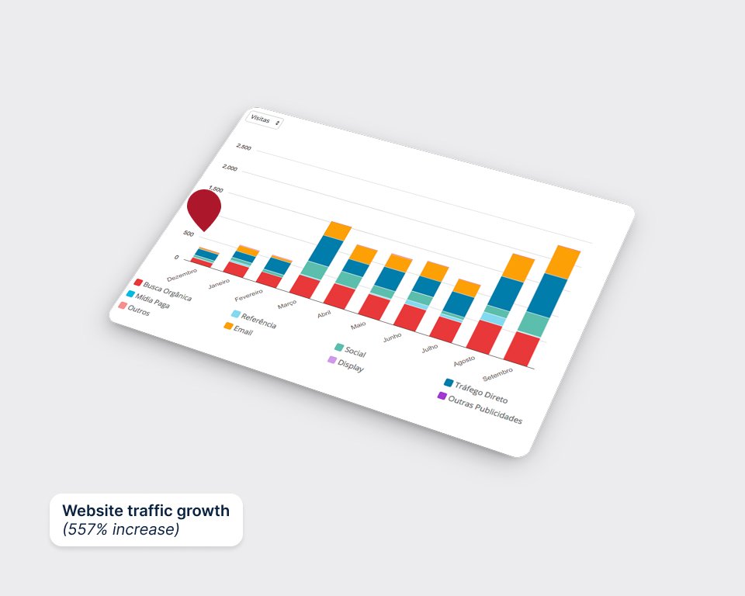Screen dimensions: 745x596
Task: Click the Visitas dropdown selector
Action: point(264,121)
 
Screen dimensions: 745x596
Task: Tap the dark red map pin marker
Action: point(204,208)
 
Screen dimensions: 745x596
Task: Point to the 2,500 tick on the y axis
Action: point(243,147)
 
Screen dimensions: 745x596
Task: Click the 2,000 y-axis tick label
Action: point(230,168)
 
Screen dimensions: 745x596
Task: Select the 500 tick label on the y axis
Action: point(188,234)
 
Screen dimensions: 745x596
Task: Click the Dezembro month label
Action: point(182,275)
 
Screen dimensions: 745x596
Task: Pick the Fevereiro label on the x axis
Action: point(248,295)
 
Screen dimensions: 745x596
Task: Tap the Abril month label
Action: point(324,314)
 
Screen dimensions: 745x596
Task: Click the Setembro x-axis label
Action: point(497,375)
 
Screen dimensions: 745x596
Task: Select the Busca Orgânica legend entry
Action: point(163,290)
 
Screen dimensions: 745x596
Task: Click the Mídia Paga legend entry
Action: point(147,300)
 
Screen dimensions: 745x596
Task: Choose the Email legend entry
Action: point(238,329)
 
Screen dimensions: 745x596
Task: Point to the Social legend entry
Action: point(351,350)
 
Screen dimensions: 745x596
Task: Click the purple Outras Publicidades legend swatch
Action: point(442,396)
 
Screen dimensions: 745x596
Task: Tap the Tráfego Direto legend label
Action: point(481,392)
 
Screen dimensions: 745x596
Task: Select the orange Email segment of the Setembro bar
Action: point(563,262)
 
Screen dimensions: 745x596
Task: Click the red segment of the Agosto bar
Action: point(483,337)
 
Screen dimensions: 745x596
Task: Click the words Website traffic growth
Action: point(146,511)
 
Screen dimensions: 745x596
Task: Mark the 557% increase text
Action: point(121,529)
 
